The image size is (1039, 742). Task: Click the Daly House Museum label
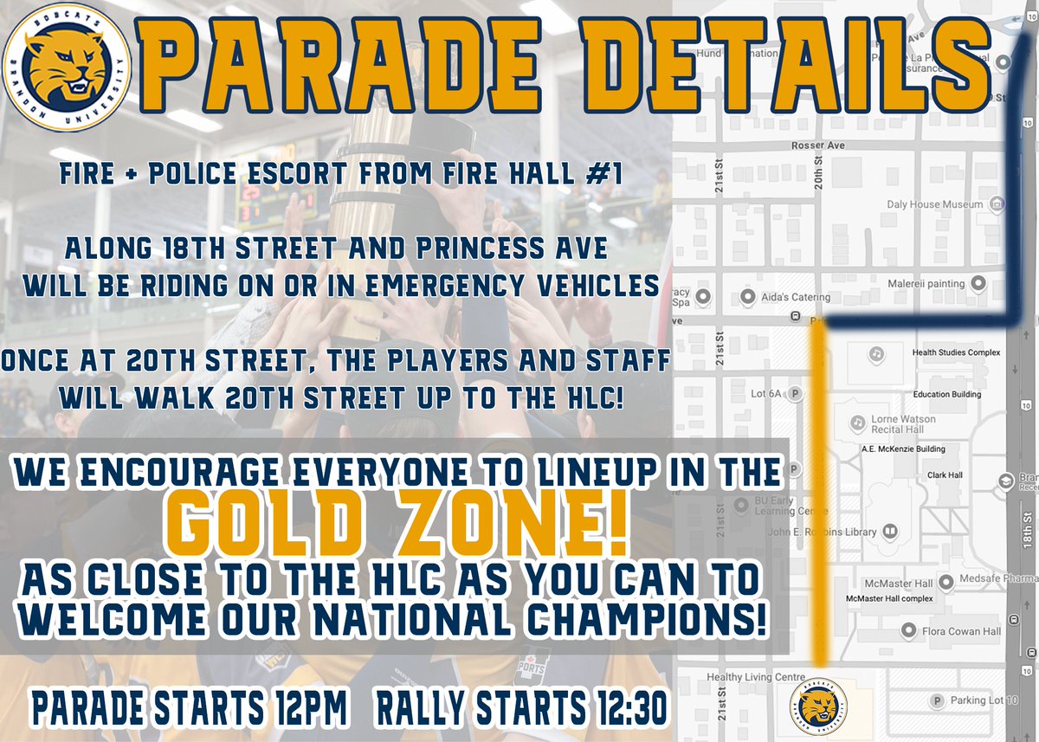coord(934,205)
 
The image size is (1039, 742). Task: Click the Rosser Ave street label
coord(817,145)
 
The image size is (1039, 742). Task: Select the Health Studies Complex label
coord(956,352)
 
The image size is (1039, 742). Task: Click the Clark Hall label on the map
coord(945,475)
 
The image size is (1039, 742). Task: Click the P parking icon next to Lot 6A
coord(795,394)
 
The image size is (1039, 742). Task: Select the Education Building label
coord(947,394)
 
